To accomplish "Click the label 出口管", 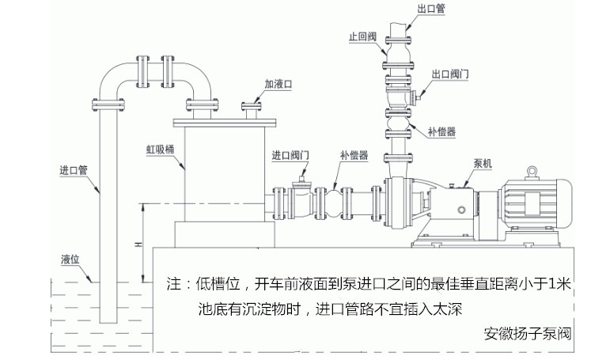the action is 431,9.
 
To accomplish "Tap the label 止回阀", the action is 362,36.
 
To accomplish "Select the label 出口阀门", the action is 450,74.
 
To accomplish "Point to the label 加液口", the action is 278,84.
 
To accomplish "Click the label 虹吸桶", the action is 161,150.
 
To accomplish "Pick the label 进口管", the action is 74,170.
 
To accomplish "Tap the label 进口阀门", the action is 290,155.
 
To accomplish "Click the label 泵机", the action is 483,164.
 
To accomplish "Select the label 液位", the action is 70,260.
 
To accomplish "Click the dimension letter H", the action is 138,244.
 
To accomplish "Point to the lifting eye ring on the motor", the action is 532,170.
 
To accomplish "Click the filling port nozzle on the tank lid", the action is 252,110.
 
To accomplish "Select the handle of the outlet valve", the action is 416,96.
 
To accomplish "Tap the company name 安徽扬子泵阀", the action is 527,334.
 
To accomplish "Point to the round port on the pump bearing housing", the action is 461,210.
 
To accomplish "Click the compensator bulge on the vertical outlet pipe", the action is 398,123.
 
